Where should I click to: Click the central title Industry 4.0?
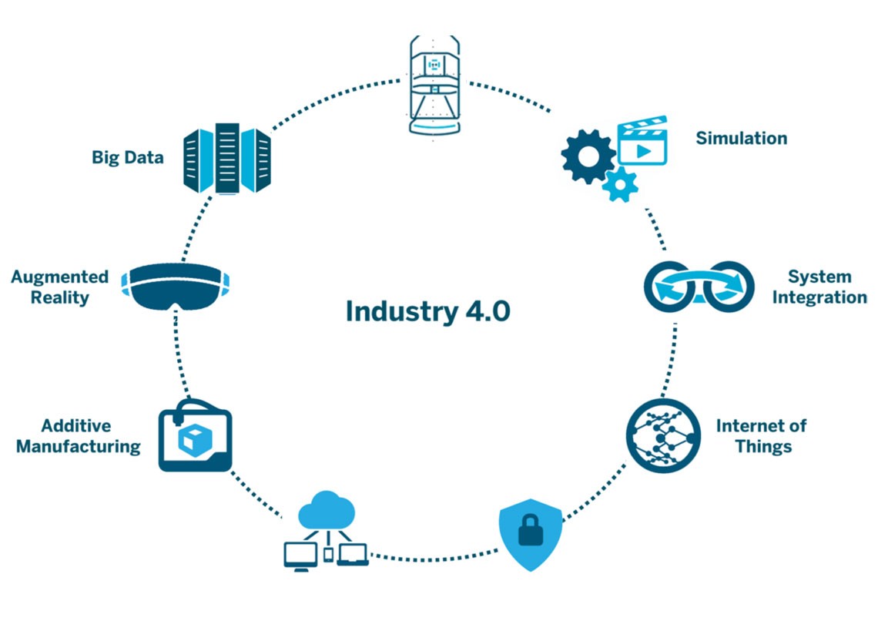point(427,311)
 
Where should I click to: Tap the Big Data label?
point(128,157)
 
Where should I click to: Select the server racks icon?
point(227,159)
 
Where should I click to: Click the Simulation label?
point(742,138)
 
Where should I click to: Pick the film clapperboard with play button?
point(642,140)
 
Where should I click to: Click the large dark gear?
point(588,156)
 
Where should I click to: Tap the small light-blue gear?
point(621,184)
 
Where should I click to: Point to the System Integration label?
point(819,287)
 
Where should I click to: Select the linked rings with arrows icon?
point(699,287)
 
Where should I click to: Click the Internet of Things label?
point(762,435)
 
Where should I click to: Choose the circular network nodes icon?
point(664,435)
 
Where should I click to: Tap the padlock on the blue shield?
point(531,530)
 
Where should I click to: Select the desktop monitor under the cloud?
point(300,556)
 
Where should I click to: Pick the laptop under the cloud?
point(352,555)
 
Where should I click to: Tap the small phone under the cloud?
point(328,555)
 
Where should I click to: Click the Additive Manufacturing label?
point(79,435)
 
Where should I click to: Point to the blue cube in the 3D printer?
point(195,440)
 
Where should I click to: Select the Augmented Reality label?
point(60,287)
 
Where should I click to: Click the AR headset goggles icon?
point(176,286)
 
